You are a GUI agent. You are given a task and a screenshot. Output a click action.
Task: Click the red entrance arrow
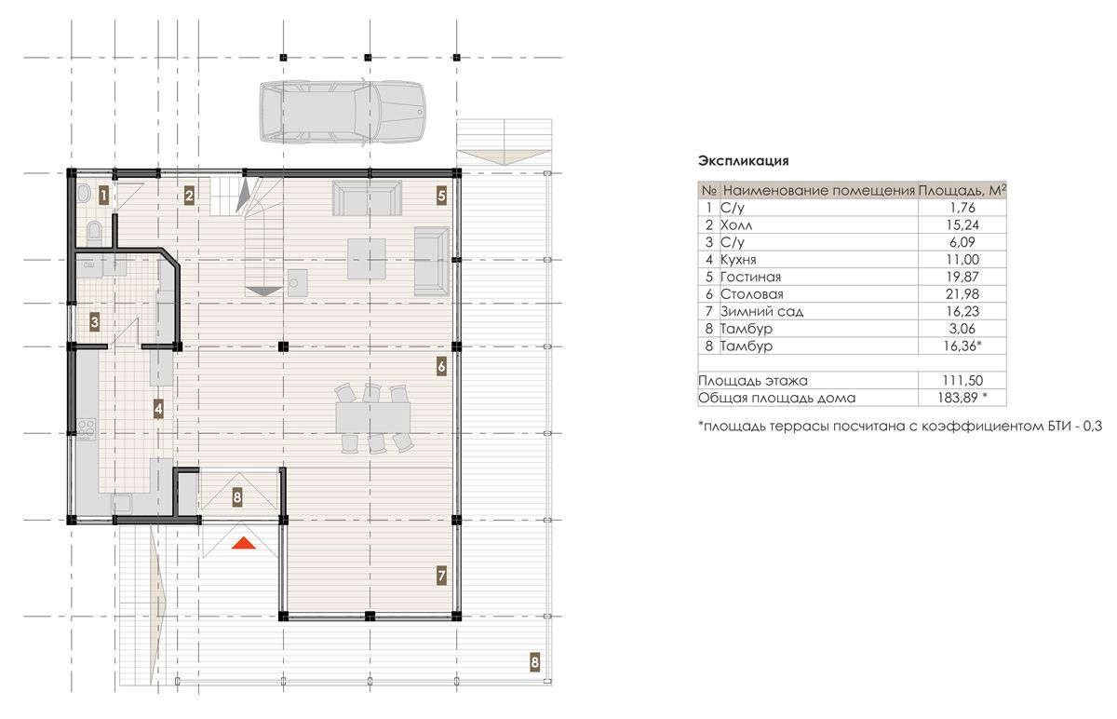[x=243, y=543]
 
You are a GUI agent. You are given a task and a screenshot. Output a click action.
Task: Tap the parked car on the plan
[x=343, y=114]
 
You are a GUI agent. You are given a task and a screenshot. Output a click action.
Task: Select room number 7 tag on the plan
[x=441, y=576]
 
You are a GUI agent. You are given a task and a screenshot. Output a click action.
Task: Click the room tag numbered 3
[x=94, y=322]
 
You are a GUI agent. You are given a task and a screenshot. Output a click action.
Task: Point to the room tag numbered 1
[x=103, y=195]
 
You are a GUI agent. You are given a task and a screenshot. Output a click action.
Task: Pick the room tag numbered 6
[x=441, y=367]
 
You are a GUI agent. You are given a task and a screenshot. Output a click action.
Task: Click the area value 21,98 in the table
[x=962, y=294]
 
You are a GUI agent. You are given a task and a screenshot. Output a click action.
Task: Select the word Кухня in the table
[x=738, y=260]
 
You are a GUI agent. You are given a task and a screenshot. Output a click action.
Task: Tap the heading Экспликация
[x=743, y=161]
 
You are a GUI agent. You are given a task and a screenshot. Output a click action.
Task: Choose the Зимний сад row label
[x=761, y=311]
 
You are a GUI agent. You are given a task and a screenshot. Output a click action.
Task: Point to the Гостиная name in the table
[x=750, y=277]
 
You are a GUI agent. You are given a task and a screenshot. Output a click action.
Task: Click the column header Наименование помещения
[x=819, y=190]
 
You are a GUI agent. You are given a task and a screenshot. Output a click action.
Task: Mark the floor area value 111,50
[x=962, y=380]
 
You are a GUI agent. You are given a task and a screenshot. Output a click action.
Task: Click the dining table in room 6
[x=373, y=417]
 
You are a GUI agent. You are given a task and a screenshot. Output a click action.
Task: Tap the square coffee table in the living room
[x=367, y=259]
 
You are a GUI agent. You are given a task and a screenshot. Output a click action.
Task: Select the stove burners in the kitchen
[x=86, y=429]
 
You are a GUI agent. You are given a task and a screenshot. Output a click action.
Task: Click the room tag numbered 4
[x=158, y=410]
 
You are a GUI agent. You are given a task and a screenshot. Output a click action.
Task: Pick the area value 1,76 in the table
[x=962, y=208]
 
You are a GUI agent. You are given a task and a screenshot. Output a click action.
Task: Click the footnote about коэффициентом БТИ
[x=899, y=427]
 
